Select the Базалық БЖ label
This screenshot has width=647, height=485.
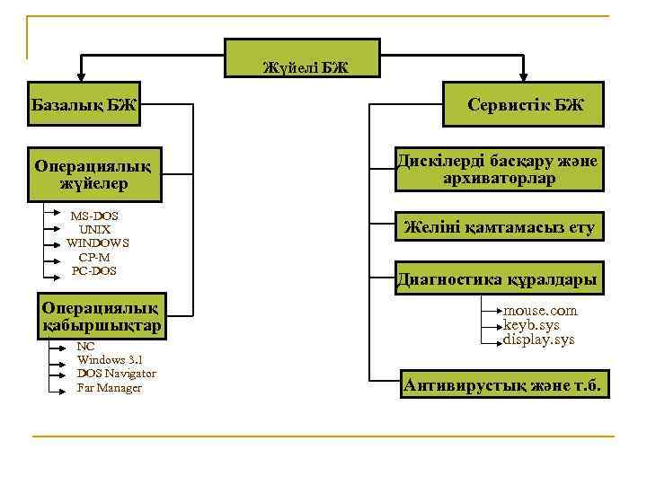pos(84,106)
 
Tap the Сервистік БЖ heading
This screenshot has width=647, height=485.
pos(525,105)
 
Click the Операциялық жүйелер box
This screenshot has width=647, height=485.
pos(94,174)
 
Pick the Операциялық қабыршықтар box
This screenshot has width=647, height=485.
pos(102,315)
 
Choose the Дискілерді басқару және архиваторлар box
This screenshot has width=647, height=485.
pos(499,169)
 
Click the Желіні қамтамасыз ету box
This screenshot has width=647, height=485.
pos(499,227)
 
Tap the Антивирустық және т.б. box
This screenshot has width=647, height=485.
pos(503,386)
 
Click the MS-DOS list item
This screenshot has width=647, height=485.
pos(94,216)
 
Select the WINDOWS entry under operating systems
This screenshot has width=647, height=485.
pos(97,242)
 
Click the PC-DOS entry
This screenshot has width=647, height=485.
pos(94,270)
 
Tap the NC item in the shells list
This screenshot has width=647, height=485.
pos(85,346)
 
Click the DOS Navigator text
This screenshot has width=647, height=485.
pos(116,374)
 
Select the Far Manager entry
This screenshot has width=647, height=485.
pos(109,388)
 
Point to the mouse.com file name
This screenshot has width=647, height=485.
pos(540,311)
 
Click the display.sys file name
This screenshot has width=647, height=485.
pos(538,339)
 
